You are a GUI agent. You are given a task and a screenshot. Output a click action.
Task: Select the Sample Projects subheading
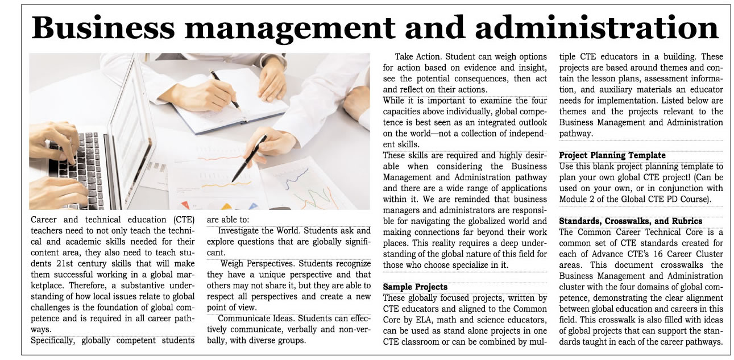point(415,287)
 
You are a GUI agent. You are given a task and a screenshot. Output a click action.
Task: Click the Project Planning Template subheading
point(612,155)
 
